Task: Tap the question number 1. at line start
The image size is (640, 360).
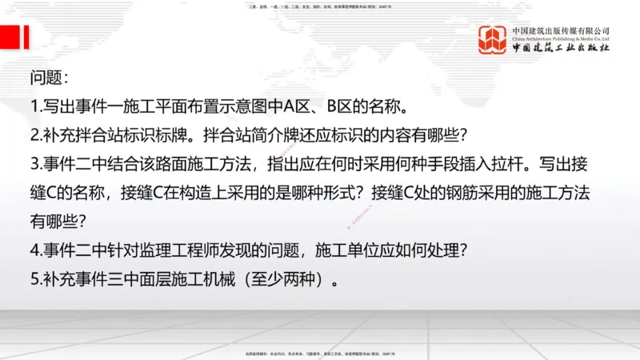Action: [35, 107]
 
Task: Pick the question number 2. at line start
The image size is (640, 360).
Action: [35, 136]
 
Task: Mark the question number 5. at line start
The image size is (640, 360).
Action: [35, 280]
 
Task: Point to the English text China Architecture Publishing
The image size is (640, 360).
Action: [560, 37]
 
